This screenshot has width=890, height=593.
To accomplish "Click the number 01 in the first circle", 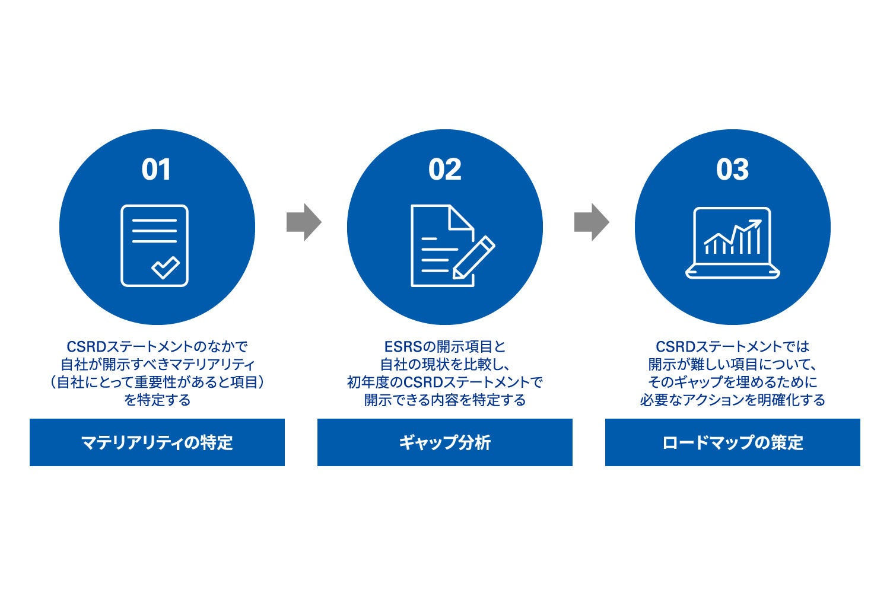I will (x=157, y=170).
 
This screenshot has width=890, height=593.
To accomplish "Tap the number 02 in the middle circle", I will (x=444, y=170).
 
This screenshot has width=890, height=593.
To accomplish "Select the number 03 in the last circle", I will (x=732, y=170).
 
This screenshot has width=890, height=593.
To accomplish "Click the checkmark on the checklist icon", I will (x=165, y=267).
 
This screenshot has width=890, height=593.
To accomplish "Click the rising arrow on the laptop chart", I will (x=749, y=228).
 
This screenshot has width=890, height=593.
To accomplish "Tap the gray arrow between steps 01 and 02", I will (x=303, y=222).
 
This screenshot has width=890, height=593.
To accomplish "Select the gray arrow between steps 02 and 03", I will (x=591, y=222).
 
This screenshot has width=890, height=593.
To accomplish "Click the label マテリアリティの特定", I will (x=157, y=442).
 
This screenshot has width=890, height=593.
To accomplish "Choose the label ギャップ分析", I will (x=444, y=442).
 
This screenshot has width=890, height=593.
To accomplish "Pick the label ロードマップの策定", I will (x=732, y=442).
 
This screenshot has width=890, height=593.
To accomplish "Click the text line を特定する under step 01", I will (x=157, y=400).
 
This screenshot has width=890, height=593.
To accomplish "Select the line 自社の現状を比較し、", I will (x=444, y=364).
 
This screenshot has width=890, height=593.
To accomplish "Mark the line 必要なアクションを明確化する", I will (x=732, y=400).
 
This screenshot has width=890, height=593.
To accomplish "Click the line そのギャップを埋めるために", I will (x=732, y=382).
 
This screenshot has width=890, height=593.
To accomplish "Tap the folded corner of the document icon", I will (x=462, y=217).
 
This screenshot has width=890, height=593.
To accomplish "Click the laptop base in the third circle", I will (x=732, y=273).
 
